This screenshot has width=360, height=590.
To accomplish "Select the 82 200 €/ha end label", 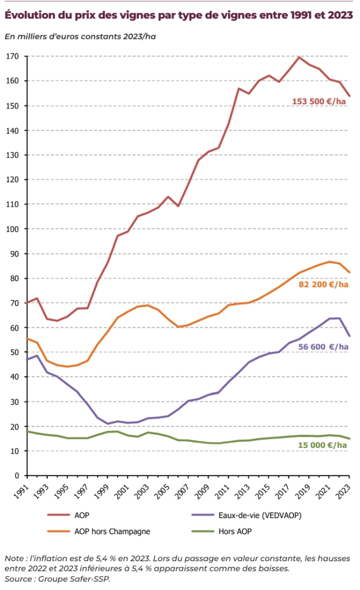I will (323, 284).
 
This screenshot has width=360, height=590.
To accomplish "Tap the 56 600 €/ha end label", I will (323, 347).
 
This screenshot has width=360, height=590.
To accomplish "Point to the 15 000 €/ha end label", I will (323, 445).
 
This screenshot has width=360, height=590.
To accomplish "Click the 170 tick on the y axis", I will (13, 56).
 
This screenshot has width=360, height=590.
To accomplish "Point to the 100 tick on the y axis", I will (13, 229).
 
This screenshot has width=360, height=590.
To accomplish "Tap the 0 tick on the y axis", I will (17, 475).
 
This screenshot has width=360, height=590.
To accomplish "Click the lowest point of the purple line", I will (108, 424).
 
